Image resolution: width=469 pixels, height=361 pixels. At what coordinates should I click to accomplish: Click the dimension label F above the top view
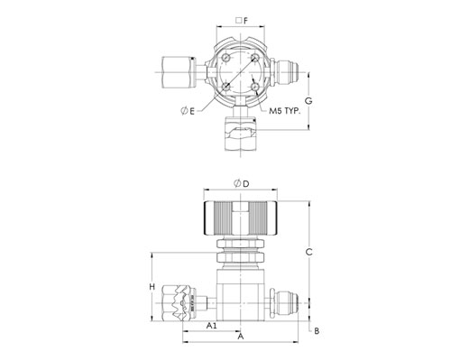246,21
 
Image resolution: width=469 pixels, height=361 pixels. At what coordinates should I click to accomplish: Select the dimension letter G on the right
308,101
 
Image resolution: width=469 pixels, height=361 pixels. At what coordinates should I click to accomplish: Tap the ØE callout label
188,111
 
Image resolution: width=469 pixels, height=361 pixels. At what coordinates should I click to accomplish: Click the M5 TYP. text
285,111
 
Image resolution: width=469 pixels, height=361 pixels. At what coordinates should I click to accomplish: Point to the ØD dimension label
242,183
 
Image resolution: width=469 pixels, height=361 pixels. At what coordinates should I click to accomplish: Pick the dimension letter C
308,252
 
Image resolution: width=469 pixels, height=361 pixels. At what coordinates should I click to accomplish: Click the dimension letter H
152,287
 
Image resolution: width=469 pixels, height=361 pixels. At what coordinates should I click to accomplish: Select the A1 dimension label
211,326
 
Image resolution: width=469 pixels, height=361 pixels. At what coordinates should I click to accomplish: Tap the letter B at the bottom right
317,331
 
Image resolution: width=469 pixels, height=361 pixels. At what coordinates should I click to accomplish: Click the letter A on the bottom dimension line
241,337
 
